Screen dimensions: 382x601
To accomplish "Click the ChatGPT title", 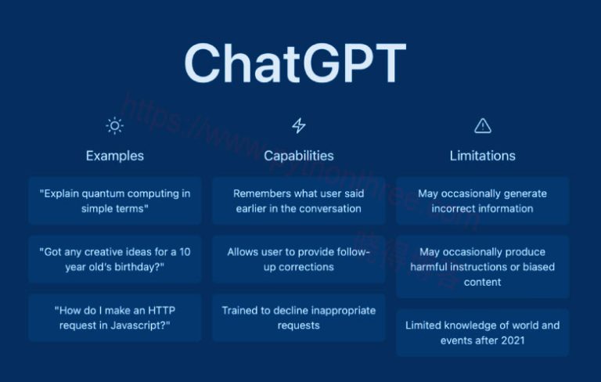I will [x=295, y=63].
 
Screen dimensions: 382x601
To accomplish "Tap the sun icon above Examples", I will [x=114, y=125].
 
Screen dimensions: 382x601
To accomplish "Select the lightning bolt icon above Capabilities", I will [x=299, y=125].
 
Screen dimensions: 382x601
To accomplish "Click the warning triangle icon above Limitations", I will [x=483, y=125].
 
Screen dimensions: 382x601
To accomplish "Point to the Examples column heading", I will [x=114, y=156].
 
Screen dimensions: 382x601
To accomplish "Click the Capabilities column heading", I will [x=299, y=156].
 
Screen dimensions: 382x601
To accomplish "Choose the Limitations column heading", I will [x=483, y=156].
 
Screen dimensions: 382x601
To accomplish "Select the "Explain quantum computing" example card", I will [x=114, y=201].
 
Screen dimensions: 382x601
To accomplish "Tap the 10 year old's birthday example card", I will [x=114, y=259].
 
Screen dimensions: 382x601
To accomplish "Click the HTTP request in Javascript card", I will [x=114, y=318].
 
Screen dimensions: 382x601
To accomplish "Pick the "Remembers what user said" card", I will [x=299, y=201].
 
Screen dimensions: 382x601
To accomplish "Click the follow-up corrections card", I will [x=299, y=259].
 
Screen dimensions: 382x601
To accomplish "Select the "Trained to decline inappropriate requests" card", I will [x=299, y=318].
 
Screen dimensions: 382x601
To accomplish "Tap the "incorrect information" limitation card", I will [x=483, y=201].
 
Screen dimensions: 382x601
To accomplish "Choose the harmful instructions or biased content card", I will [x=483, y=267].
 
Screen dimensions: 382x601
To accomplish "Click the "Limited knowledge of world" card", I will [x=483, y=333].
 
